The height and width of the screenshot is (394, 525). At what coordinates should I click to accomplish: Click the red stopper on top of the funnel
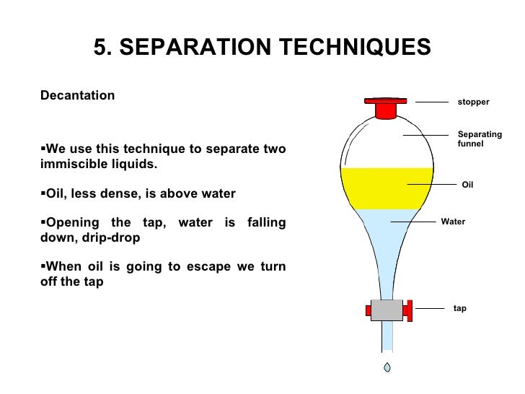386,108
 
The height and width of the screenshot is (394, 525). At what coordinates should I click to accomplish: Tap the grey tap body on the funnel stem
387,310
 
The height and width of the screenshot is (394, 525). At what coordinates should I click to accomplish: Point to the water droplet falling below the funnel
387,367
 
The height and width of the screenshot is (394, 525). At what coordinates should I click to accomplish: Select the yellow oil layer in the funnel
387,188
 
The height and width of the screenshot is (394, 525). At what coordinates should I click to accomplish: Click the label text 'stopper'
473,102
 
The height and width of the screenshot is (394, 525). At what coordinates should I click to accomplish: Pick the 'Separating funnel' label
480,139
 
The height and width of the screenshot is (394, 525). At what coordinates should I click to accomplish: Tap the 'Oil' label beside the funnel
467,185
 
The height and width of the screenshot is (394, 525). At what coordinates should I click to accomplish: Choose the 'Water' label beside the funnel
453,222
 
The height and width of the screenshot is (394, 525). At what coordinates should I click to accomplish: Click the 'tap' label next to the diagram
459,308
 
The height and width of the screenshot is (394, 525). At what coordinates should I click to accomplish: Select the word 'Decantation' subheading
77,95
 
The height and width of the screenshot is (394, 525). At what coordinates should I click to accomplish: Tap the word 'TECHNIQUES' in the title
356,47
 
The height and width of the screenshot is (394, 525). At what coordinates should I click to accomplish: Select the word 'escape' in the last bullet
208,267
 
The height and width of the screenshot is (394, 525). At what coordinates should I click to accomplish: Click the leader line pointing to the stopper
432,102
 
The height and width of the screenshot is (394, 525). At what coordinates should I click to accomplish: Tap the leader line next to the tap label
430,308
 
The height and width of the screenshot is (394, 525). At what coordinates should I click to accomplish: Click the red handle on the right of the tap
407,310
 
